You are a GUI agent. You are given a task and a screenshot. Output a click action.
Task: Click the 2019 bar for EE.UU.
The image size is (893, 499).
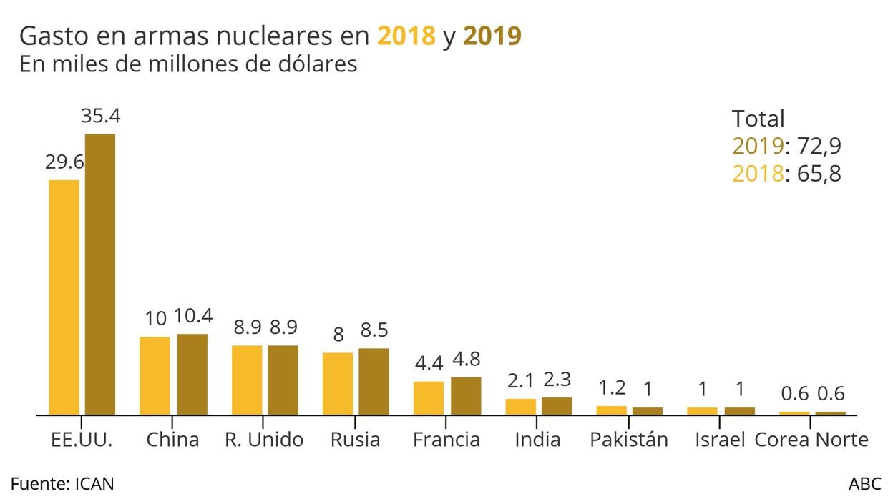[99, 274]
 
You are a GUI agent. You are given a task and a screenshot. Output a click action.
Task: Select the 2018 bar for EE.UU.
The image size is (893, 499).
[64, 297]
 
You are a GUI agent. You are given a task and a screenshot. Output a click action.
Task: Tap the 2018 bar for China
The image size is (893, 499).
[155, 375]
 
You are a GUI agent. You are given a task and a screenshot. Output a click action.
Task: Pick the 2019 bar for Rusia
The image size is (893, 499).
[374, 381]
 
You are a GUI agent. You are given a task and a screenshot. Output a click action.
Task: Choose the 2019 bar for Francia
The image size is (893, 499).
[466, 395]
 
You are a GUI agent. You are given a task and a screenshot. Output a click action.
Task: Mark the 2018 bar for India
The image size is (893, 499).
[520, 406]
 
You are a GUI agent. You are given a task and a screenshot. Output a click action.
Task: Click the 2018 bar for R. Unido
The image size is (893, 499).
[246, 380]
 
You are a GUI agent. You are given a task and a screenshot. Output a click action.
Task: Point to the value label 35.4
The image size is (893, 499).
[100, 116]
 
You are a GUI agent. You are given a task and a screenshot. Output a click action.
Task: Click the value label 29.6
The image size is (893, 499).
[64, 162]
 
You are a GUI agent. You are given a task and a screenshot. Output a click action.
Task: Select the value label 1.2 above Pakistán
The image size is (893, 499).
[611, 388]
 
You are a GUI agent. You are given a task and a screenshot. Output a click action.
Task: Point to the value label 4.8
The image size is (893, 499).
[466, 360]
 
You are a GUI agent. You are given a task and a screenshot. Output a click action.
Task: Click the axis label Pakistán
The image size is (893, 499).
[629, 440]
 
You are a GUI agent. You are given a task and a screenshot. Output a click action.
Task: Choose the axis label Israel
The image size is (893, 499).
[720, 440]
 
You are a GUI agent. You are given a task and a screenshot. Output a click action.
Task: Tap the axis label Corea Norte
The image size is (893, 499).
[811, 440]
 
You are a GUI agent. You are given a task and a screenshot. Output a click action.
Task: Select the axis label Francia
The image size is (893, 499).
[446, 440]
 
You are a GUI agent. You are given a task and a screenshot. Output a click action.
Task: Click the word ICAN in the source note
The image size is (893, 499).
[94, 483]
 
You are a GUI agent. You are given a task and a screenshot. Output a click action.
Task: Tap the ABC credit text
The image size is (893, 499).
[865, 483]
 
